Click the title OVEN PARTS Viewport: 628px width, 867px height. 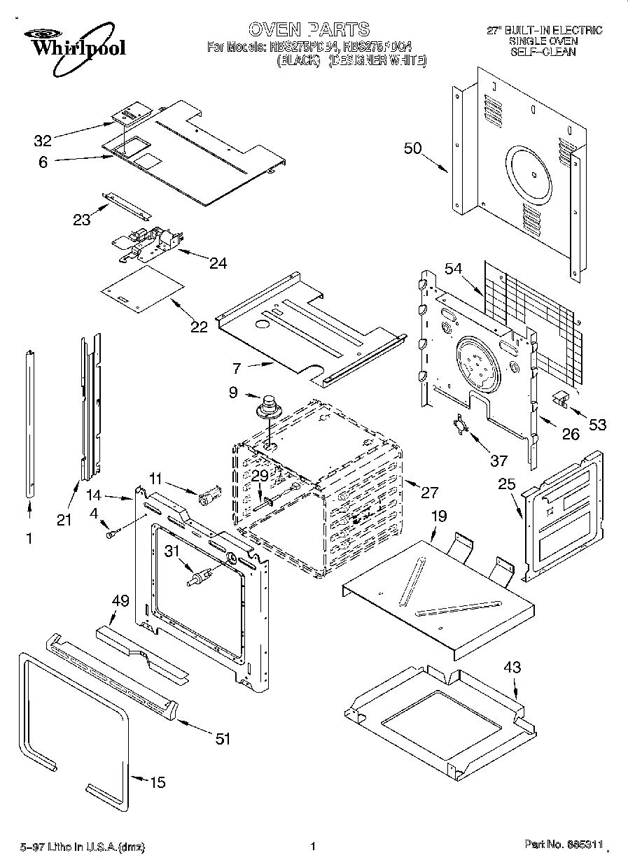(309, 29)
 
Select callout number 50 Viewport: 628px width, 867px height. (413, 148)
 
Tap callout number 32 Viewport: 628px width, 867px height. (43, 140)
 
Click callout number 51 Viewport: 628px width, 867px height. (223, 738)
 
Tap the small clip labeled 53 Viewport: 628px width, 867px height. (560, 397)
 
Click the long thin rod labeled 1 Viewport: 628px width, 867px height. (29, 420)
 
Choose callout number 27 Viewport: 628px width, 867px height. (428, 493)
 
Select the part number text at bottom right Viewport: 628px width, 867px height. (564, 846)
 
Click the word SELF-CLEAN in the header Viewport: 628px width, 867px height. (543, 52)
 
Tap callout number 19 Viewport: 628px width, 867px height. (438, 516)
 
